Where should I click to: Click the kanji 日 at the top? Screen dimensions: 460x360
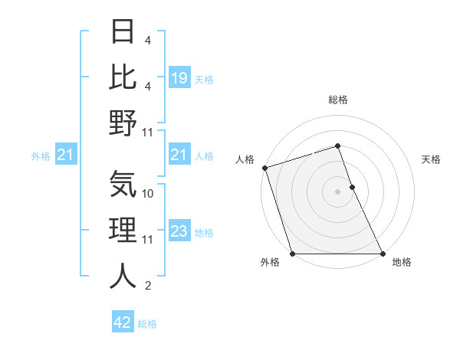123,33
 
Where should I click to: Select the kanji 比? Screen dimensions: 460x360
123,77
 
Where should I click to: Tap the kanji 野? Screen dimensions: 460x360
123,123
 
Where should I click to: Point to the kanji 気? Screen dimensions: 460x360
123,185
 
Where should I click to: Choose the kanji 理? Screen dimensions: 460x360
123,231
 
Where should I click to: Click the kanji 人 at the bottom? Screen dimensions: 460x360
123,277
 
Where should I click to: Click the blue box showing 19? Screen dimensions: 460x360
179,78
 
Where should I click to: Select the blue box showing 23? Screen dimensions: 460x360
179,232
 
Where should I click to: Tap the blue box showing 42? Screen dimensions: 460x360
123,322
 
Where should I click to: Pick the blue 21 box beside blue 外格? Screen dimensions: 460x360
66,156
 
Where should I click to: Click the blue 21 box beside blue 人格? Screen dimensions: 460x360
179,156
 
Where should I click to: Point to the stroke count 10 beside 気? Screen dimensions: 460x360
149,194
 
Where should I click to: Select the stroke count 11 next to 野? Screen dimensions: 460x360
149,132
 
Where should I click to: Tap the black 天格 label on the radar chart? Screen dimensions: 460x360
431,159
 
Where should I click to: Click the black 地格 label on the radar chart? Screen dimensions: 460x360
402,263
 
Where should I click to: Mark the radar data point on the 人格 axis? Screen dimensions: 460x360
264,168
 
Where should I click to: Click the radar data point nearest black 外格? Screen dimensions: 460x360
292,254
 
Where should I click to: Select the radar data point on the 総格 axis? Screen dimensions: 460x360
337,146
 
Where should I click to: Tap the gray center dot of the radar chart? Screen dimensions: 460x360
337,191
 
